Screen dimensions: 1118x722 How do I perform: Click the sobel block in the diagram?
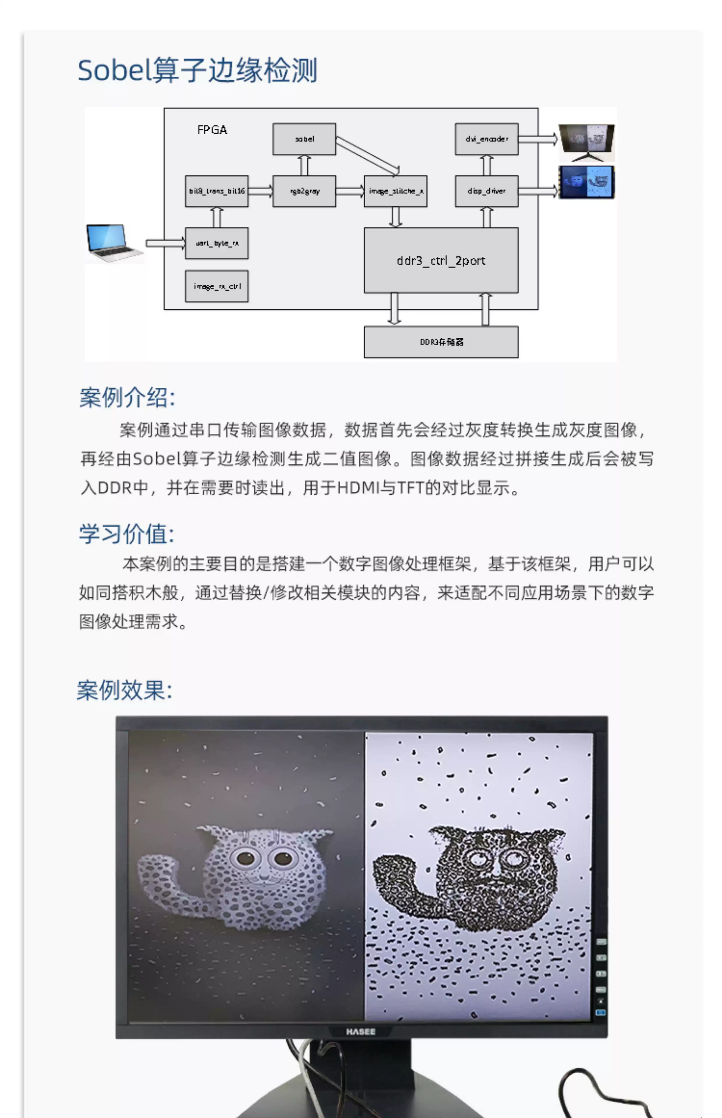304,139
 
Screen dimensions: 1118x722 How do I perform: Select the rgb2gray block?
304,191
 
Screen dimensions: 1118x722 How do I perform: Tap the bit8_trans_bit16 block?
217,191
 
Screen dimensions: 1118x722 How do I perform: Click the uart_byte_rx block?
217,243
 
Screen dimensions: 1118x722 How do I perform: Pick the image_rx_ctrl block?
217,286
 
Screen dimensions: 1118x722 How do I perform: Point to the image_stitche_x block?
395,191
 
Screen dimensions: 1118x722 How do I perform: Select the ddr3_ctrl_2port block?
441,260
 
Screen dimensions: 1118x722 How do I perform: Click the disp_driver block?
487,191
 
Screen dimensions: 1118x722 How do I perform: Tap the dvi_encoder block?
487,139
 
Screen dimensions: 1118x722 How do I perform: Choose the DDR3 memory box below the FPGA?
441,342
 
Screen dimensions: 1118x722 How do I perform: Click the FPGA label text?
212,130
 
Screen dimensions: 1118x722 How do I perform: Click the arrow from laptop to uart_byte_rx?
165,243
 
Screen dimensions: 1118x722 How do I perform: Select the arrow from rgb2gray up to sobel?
304,165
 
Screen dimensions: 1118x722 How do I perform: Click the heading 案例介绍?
127,397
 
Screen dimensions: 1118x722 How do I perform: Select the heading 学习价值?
127,534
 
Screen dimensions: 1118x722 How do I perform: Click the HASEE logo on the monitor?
360,1032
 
